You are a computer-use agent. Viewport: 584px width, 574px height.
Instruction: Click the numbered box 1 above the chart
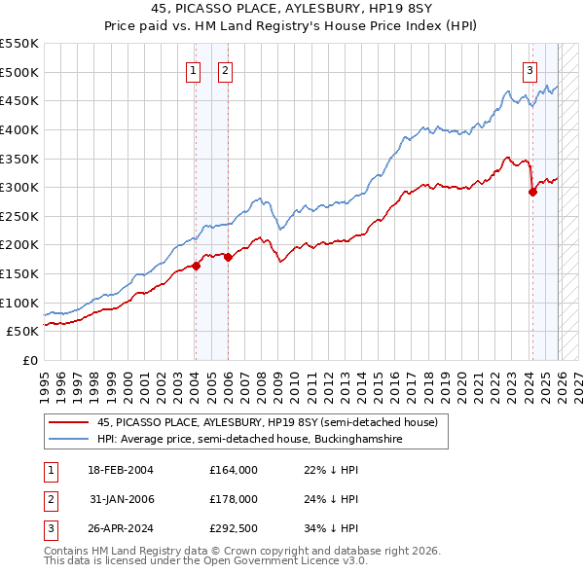194,69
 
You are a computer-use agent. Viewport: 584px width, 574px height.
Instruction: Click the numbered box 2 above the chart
225,69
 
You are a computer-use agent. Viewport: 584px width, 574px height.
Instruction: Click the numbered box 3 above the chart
529,69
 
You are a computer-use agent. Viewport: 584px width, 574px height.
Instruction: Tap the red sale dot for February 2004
196,265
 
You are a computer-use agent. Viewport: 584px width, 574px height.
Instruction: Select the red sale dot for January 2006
228,257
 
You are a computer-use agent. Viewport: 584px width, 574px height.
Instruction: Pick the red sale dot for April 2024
532,192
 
